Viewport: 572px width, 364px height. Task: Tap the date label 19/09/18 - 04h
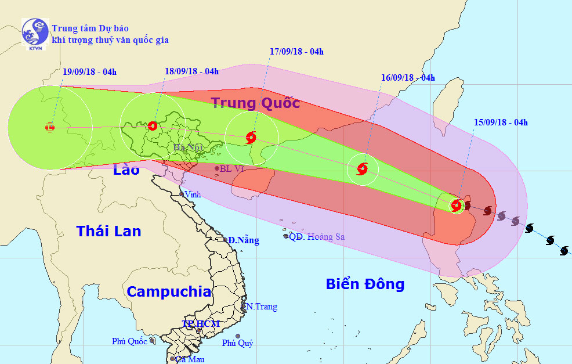coord(89,73)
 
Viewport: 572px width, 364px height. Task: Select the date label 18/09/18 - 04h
coord(191,71)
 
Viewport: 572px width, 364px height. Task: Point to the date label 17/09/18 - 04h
coord(296,52)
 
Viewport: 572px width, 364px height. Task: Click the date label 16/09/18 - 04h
coord(408,78)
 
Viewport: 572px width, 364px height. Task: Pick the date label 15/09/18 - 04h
coord(501,122)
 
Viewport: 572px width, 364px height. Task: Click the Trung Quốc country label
coord(255,103)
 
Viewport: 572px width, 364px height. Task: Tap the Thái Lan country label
coord(108,231)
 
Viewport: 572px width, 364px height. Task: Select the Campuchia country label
coord(169,291)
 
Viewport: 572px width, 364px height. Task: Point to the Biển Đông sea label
coord(365,284)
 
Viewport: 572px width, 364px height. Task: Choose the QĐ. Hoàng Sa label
coord(317,236)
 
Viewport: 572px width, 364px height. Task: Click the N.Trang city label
coord(261,307)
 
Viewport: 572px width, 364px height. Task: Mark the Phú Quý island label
coord(237,343)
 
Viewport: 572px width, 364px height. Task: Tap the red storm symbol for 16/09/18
coord(363,169)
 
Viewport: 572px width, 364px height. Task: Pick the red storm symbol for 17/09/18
coord(251,138)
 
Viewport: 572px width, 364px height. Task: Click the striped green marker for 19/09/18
coord(50,126)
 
